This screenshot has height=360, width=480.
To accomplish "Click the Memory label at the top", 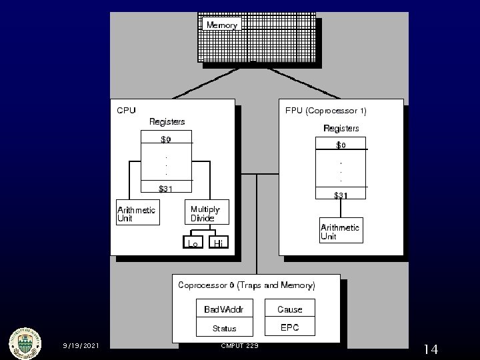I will pos(222,25).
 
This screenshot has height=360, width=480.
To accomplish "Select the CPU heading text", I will pos(126,110).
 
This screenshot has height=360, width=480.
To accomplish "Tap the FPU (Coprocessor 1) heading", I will pos(325,110).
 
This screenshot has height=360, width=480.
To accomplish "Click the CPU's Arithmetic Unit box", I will pos(138,213).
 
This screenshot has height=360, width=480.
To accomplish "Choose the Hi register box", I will pos(218,244).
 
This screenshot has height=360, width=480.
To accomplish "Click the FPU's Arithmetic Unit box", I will pos(341,231).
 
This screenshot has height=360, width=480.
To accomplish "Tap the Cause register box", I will pos(290,309).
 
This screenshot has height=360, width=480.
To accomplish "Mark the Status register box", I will pos(225,328).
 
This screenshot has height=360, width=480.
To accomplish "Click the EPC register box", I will pos(290,327).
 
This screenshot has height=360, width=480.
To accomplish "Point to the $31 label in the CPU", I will pos(165,189).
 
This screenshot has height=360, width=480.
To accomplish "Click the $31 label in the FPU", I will pos(341,195).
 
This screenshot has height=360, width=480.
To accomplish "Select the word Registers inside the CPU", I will pos(167,121).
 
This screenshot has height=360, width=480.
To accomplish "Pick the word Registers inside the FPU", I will pos(341,128).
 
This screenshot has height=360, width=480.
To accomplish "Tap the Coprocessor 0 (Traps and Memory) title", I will pos(246,285).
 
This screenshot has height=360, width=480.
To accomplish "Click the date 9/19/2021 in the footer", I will pos(81,346).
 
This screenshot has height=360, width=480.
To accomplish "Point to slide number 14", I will pos(430,349).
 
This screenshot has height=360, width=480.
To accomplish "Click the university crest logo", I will pos(24,344).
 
